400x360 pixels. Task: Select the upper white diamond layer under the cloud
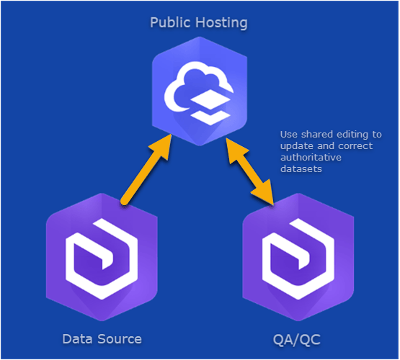[x=210, y=99]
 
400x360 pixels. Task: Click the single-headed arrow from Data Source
[x=146, y=169]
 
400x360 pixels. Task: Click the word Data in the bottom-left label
[x=77, y=339]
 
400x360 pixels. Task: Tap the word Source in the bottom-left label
[x=120, y=339]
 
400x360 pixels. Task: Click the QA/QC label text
[x=297, y=340]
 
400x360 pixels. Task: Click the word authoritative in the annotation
[x=311, y=158]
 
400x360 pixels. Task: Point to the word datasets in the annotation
[x=301, y=169]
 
